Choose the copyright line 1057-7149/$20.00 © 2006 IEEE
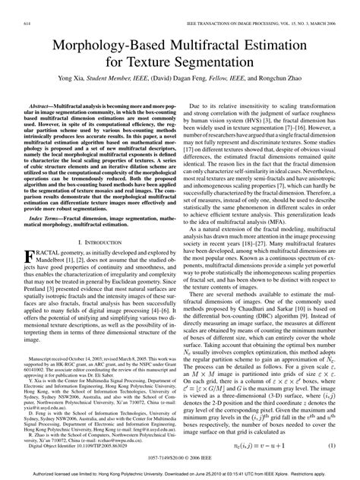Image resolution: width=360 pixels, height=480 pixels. (179, 458)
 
